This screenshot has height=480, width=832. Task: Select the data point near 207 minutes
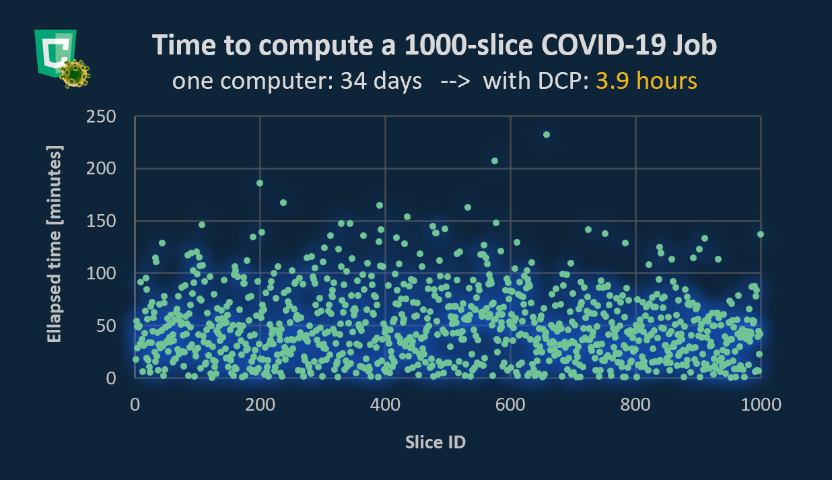495,161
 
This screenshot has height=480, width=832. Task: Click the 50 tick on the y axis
108,327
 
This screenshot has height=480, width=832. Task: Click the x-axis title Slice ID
436,442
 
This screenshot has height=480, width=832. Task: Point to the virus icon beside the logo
74,73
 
